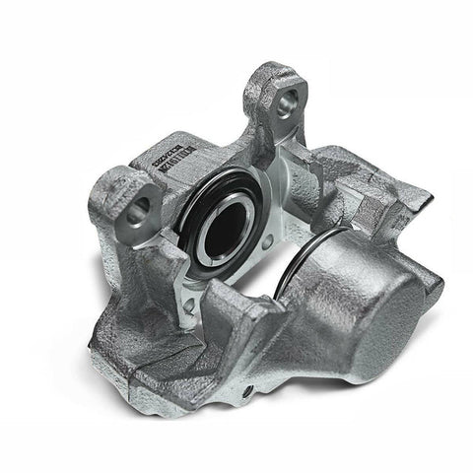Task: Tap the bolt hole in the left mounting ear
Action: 139,206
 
